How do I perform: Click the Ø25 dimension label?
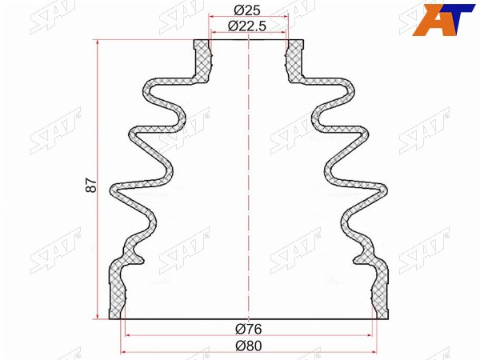click(x=247, y=10)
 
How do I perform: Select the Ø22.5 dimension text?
click(x=247, y=26)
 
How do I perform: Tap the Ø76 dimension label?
click(x=249, y=329)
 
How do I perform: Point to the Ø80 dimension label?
click(x=249, y=346)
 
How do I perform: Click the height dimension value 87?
click(x=91, y=185)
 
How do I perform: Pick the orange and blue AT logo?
click(x=443, y=19)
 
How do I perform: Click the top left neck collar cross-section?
click(x=202, y=61)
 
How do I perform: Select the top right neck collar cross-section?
click(x=294, y=61)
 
